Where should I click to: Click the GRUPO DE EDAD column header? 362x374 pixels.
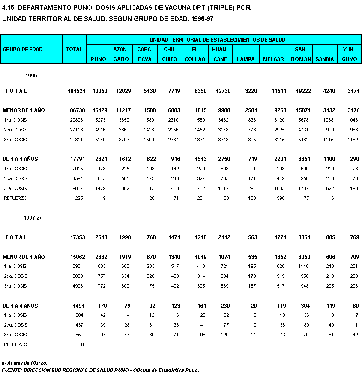23,50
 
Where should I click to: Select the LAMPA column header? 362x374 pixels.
246,59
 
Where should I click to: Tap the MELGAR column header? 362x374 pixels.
273,59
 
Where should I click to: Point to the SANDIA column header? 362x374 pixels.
324,59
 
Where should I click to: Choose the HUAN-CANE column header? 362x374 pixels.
220,54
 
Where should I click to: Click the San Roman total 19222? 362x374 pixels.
301,91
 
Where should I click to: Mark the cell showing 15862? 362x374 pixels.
77,257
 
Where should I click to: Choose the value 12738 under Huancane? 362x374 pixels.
221,91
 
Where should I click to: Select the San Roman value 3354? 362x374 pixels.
302,237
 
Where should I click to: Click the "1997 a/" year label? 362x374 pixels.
32,218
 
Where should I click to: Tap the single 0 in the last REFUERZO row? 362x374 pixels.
83,344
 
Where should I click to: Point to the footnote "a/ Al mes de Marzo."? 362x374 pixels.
24,363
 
